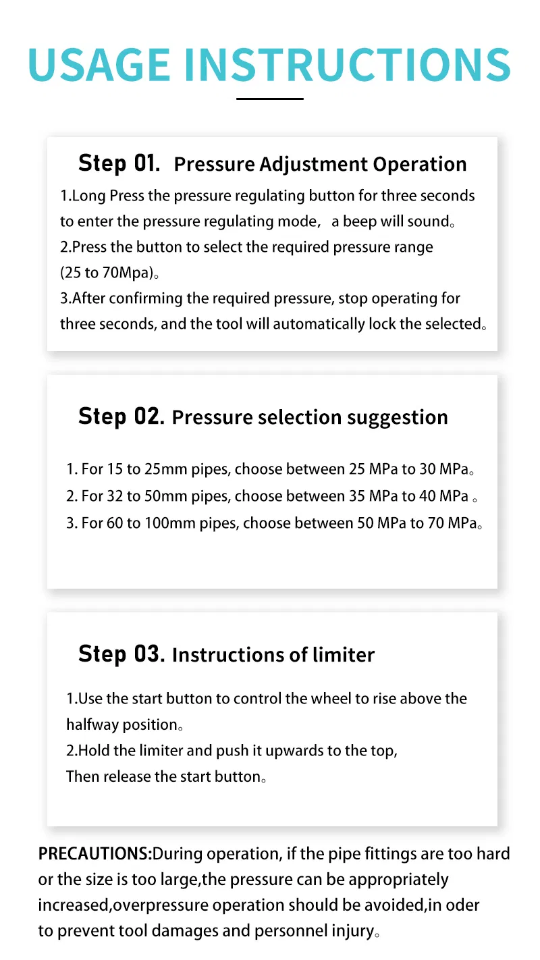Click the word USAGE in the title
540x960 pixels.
pos(99,64)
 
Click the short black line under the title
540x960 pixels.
pos(269,99)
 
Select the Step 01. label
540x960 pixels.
pos(119,164)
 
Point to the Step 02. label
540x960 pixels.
pos(122,417)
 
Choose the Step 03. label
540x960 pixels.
pos(122,654)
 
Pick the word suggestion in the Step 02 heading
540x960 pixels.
pos(398,418)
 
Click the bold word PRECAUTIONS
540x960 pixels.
pos(95,854)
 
